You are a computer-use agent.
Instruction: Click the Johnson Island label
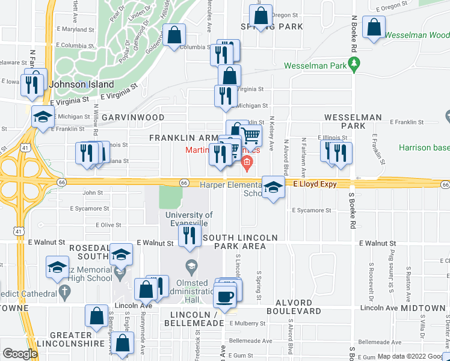pos(73,84)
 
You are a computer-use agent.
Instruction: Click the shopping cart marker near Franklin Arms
pos(252,136)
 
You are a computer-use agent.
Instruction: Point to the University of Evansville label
pos(188,219)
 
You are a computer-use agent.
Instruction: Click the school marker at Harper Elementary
pos(273,188)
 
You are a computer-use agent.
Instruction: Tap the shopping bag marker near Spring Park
pos(261,16)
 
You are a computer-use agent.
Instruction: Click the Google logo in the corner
pos(20,354)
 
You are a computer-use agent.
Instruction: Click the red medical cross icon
pos(246,161)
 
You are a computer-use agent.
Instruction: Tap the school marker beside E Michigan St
pos(43,117)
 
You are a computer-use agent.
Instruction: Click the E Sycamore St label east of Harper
pos(311,211)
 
